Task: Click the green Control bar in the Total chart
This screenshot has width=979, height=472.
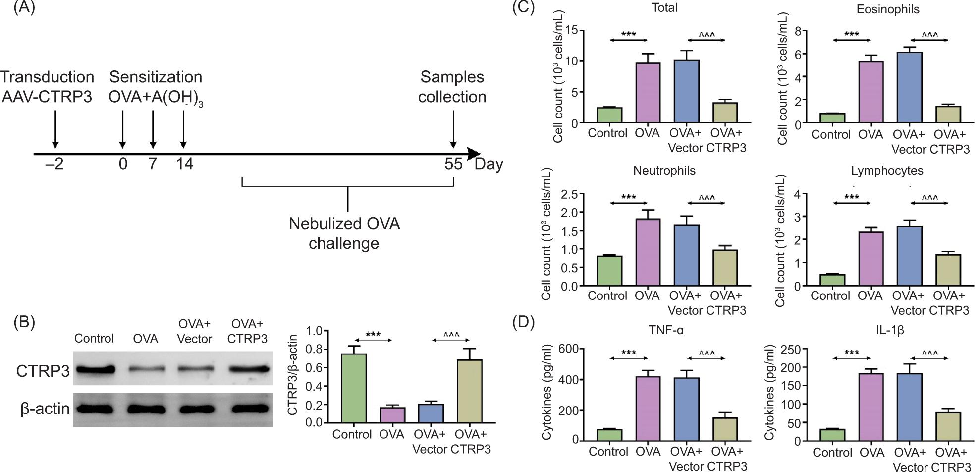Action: click(x=609, y=116)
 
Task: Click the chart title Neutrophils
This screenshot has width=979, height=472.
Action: click(x=664, y=171)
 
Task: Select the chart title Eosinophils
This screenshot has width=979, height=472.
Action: click(x=887, y=9)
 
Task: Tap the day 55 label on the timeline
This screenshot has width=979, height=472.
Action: click(x=453, y=164)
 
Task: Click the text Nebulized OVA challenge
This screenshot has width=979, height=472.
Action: click(x=344, y=234)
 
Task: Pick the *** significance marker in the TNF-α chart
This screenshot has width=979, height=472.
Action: click(x=629, y=354)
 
